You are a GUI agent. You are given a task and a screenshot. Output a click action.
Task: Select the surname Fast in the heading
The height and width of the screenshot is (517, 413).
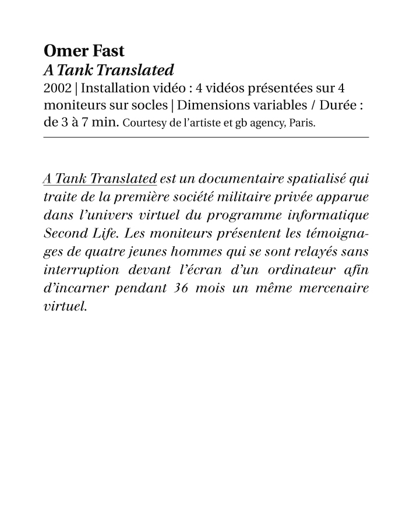106,51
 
